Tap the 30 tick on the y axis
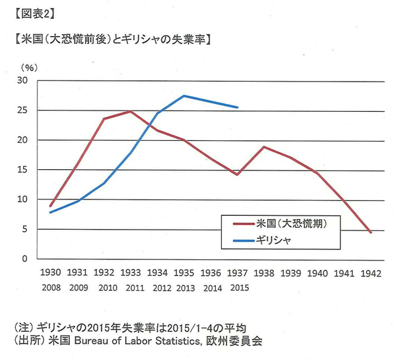22,80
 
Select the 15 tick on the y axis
22,170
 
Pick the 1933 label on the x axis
130,272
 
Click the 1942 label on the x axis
370,272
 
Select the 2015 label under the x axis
237,287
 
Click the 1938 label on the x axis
263,272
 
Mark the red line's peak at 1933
130,111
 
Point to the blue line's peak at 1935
184,96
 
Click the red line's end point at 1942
371,232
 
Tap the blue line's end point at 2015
237,107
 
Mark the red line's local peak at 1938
264,147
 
